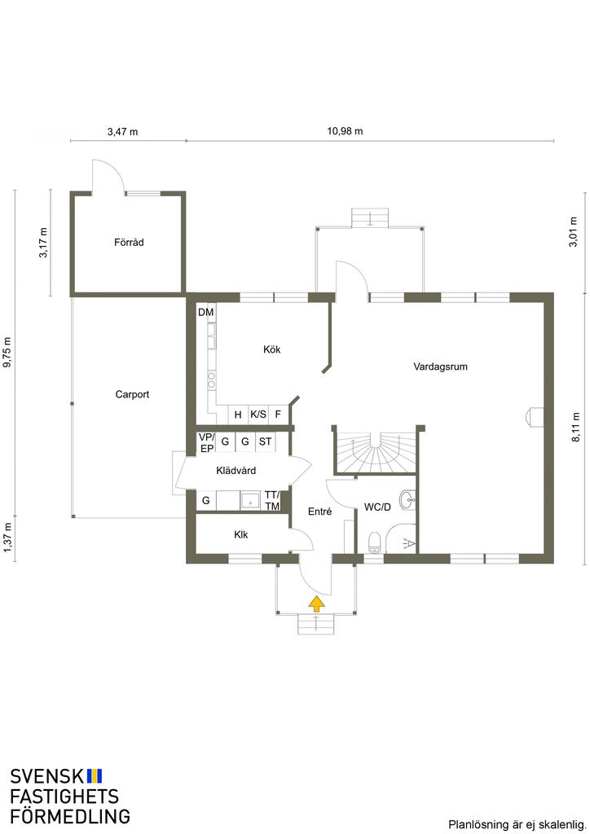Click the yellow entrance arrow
[x=316, y=604]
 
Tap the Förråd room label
[x=129, y=243]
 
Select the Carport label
[x=132, y=395]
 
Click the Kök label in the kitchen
[x=272, y=349]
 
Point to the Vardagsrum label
[x=441, y=367]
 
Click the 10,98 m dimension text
[x=345, y=131]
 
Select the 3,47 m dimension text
[x=122, y=131]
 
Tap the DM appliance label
[x=206, y=312]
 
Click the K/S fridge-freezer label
[x=258, y=414]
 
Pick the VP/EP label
[x=206, y=442]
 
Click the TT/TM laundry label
[x=272, y=501]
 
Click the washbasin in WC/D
[x=408, y=499]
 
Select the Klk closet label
[x=241, y=534]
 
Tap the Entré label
[x=319, y=511]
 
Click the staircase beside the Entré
[x=376, y=452]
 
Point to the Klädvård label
[x=236, y=470]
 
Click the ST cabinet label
[x=265, y=441]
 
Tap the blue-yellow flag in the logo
[x=95, y=776]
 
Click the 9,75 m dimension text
[x=7, y=352]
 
